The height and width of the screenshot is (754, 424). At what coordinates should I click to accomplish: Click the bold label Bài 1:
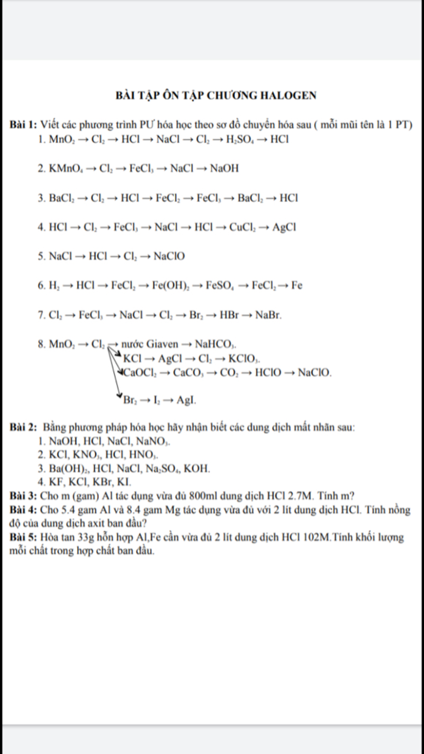pos(23,125)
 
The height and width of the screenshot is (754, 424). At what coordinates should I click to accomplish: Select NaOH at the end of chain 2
pos(224,169)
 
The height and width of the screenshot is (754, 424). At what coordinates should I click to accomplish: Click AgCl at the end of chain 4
pos(284,227)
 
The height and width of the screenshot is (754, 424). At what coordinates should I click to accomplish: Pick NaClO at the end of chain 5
pos(169,256)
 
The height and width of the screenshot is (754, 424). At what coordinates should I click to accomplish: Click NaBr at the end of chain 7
pos(268,315)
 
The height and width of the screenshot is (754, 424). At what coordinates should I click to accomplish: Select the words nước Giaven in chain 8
pos(150,344)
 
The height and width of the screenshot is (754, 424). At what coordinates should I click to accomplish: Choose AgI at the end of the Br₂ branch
pos(186,400)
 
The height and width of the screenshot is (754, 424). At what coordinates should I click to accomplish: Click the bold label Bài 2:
pos(23,427)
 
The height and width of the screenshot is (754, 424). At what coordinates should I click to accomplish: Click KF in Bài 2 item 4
pos(55,482)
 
